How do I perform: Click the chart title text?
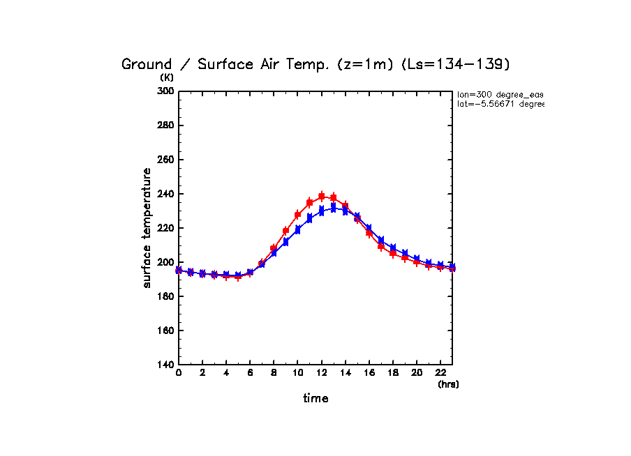(316, 64)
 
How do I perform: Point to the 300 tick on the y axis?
(165, 91)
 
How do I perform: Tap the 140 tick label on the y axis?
(165, 365)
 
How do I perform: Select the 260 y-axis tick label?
(165, 160)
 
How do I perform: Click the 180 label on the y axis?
(165, 296)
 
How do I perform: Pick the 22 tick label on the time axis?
(440, 373)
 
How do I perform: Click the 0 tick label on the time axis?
(179, 373)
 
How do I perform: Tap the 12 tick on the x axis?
(321, 373)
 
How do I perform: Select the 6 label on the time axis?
(250, 373)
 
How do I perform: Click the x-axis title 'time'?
(315, 398)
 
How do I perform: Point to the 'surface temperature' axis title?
(147, 227)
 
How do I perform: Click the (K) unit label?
(168, 77)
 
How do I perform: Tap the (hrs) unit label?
(448, 384)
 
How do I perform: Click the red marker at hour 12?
(322, 196)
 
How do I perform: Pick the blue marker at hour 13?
(334, 208)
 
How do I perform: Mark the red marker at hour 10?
(298, 215)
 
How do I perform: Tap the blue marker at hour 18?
(393, 248)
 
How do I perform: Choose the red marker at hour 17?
(381, 246)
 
